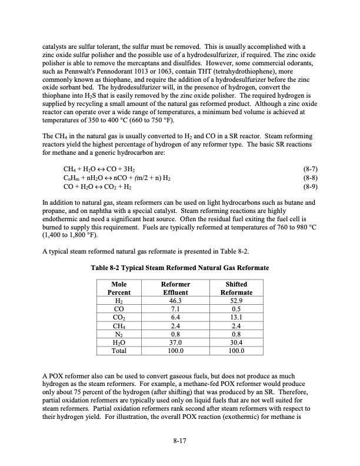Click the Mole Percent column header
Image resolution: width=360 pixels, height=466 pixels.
(x=119, y=288)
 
